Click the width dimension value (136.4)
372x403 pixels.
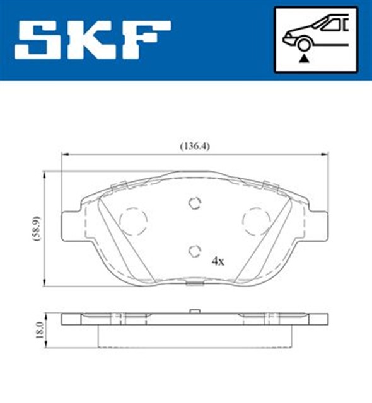[x=195, y=146]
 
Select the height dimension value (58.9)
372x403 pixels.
[x=38, y=228]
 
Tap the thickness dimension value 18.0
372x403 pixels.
[x=38, y=329]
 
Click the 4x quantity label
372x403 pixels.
[x=218, y=260]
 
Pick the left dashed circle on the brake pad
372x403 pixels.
[x=133, y=220]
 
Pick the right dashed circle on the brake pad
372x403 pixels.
[x=257, y=220]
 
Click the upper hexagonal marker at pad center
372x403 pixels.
[x=195, y=203]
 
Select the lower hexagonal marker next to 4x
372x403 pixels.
[x=195, y=251]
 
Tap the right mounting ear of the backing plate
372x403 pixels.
[x=320, y=226]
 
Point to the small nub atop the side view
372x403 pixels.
[x=195, y=310]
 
